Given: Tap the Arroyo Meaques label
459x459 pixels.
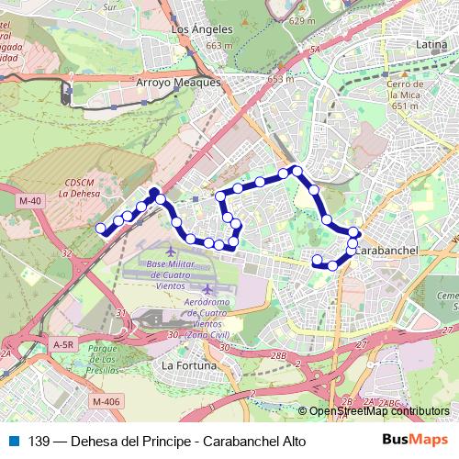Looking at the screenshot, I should (x=179, y=83).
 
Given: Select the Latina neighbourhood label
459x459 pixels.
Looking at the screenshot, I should (x=431, y=43).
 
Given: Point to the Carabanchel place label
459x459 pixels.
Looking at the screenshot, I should (x=386, y=250).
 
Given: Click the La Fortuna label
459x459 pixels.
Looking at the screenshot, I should (x=188, y=365).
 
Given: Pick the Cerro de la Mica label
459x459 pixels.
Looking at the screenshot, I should (x=406, y=95).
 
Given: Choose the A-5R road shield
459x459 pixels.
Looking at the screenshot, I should (x=63, y=344).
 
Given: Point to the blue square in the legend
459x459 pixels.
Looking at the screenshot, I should (x=11, y=440).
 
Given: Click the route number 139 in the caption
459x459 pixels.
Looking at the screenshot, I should (x=39, y=440).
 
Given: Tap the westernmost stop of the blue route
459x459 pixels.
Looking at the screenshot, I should (x=100, y=228).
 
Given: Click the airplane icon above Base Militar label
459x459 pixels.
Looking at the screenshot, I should (x=173, y=251).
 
